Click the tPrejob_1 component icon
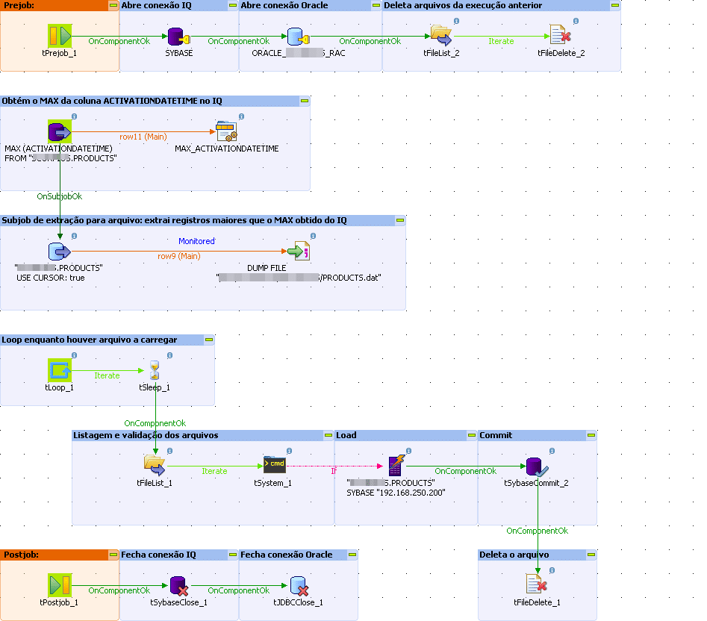(59, 36)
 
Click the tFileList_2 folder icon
(441, 36)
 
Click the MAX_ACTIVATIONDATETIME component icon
(226, 132)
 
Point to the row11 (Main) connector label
(143, 137)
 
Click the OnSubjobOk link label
(60, 196)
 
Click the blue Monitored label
(196, 241)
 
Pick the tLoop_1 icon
(59, 369)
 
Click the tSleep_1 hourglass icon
(155, 370)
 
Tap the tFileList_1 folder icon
(155, 466)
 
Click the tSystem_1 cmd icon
(274, 466)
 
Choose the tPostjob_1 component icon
(59, 584)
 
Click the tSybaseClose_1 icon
(178, 585)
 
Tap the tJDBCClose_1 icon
(298, 585)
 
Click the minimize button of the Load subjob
(470, 435)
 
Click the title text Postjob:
(21, 555)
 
